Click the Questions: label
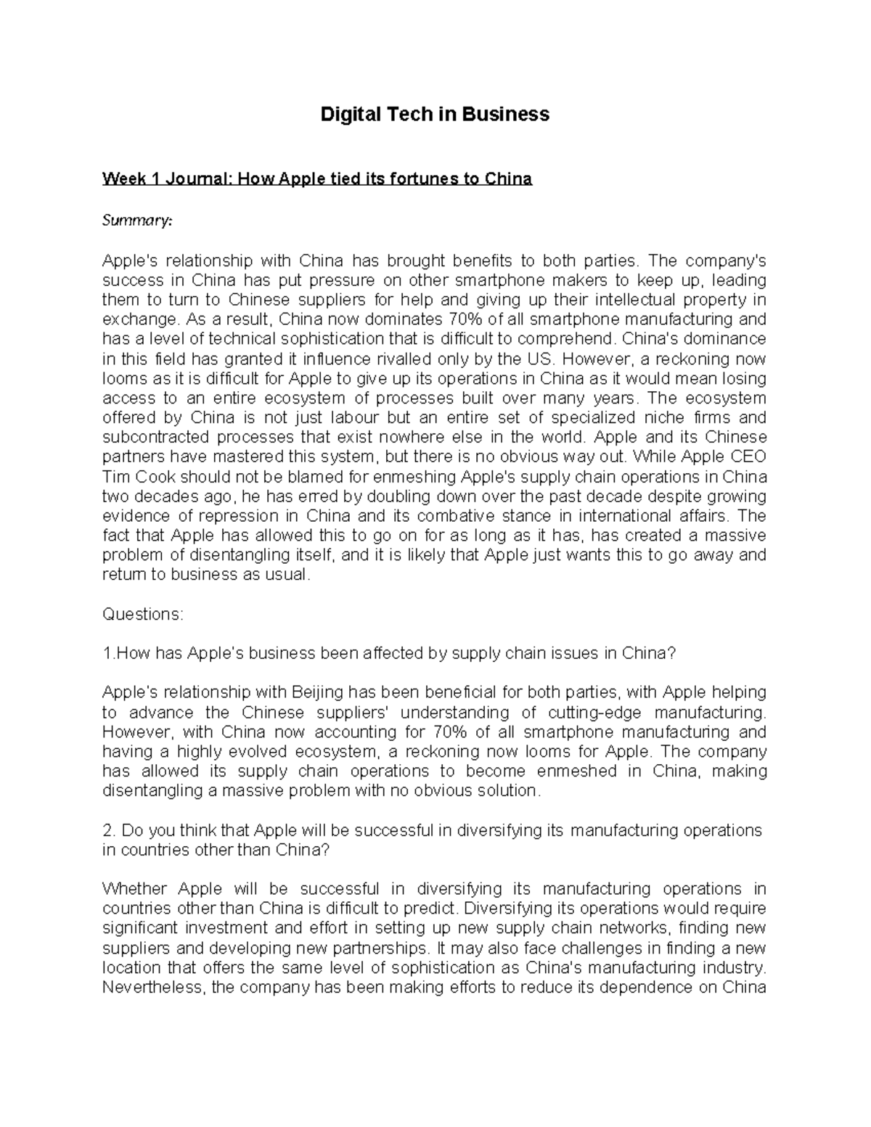[x=143, y=614]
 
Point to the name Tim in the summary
[x=115, y=477]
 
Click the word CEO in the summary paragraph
[x=747, y=457]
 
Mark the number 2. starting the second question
[x=109, y=830]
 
